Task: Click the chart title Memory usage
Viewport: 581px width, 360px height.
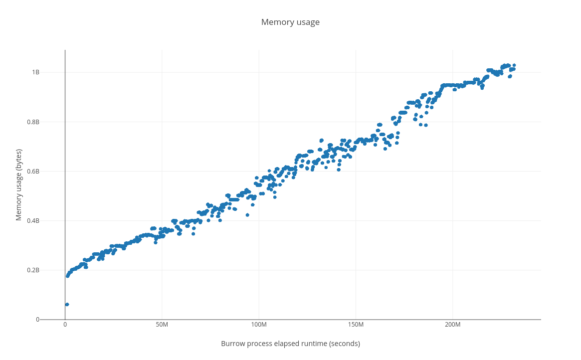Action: [290, 22]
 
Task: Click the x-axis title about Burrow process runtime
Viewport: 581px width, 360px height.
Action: [290, 344]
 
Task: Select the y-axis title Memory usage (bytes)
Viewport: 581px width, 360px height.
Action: [19, 184]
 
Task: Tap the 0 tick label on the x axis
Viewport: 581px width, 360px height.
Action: [65, 325]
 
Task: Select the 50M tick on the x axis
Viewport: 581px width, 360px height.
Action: [162, 325]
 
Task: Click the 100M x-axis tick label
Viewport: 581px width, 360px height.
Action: [259, 325]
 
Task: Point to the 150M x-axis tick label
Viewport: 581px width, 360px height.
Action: [356, 325]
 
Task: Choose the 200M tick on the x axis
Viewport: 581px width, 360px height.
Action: [452, 325]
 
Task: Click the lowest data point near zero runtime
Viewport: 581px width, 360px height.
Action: [67, 304]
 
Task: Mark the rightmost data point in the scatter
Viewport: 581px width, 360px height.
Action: [514, 65]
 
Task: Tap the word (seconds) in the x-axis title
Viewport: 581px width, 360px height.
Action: [344, 344]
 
